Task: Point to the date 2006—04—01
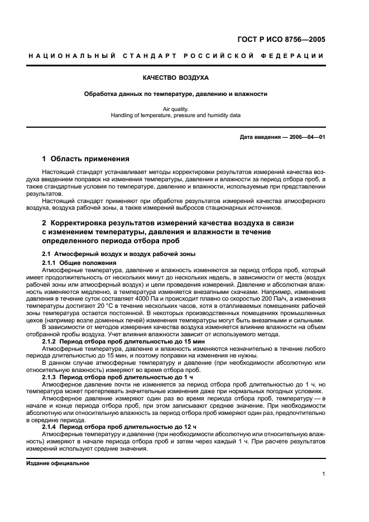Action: pos(306,137)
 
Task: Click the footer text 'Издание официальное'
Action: pos(57,463)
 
